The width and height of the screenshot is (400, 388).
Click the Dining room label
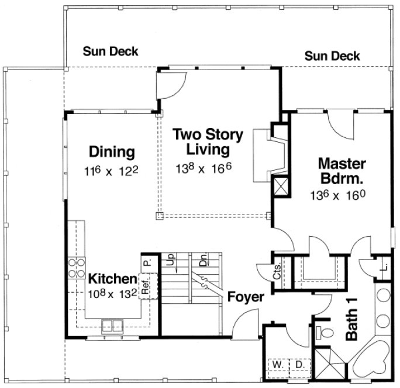(x=112, y=152)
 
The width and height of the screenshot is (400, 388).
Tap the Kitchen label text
(x=112, y=279)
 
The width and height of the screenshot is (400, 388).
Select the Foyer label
(x=245, y=296)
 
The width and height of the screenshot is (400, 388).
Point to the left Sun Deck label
(x=110, y=51)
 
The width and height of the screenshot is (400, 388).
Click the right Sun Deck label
(x=332, y=56)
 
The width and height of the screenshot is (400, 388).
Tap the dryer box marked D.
(x=299, y=365)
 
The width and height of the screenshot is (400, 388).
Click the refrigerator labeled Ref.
(x=146, y=286)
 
